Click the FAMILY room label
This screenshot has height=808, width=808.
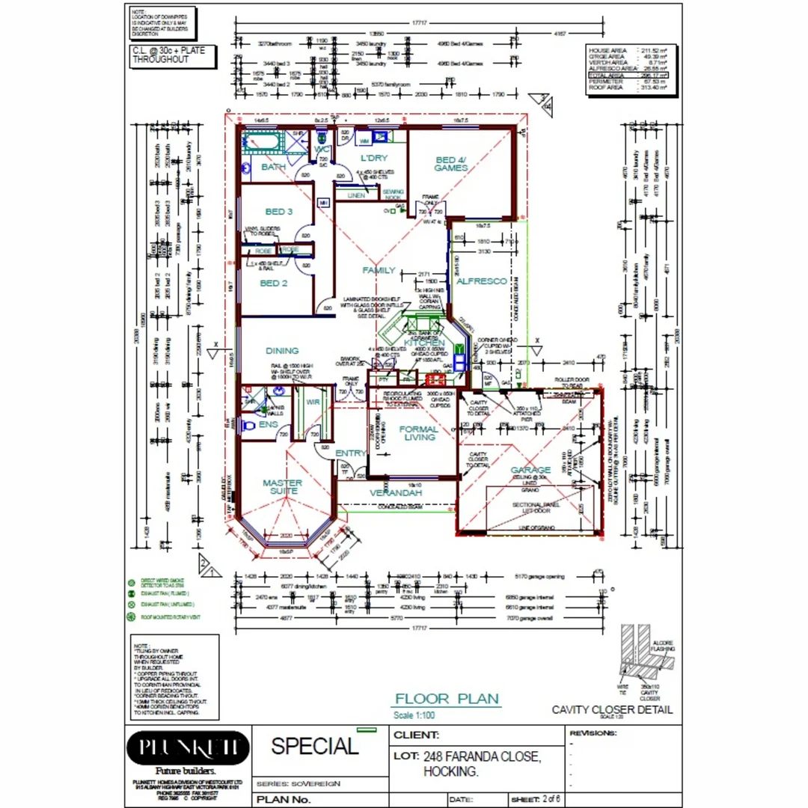(379, 270)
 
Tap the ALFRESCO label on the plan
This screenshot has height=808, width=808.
(482, 281)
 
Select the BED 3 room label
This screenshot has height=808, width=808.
(279, 212)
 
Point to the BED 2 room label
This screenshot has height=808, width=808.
(274, 284)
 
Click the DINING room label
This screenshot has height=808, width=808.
(282, 350)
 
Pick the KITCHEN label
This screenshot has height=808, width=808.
(424, 343)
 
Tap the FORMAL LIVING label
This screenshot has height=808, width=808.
(420, 433)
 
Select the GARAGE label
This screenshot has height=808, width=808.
(530, 470)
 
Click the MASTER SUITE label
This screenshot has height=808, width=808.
(282, 487)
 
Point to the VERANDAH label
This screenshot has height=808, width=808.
(396, 493)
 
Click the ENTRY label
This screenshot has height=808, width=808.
(350, 453)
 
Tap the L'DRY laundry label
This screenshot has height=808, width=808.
(373, 158)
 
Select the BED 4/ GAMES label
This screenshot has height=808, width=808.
(451, 164)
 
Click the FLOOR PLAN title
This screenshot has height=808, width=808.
(447, 699)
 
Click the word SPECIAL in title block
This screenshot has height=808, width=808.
(314, 746)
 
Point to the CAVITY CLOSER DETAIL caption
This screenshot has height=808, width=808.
(612, 709)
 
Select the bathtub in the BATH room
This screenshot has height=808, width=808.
(263, 141)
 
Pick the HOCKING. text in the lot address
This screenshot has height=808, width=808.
(450, 771)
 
